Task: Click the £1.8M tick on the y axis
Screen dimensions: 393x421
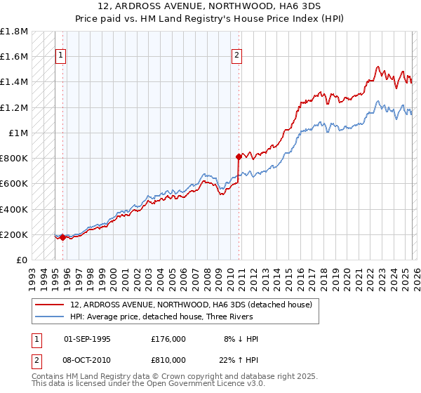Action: (x=14, y=32)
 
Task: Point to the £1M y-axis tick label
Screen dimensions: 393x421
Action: (x=18, y=133)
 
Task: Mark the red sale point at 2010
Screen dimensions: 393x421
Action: (x=239, y=156)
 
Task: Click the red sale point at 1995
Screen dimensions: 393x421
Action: (x=62, y=237)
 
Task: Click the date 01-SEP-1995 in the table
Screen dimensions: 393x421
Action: (x=87, y=339)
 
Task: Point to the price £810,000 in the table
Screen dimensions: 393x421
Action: (x=168, y=360)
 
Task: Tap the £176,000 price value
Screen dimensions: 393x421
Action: (x=168, y=339)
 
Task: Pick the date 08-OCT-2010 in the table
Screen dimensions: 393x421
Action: (x=87, y=360)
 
